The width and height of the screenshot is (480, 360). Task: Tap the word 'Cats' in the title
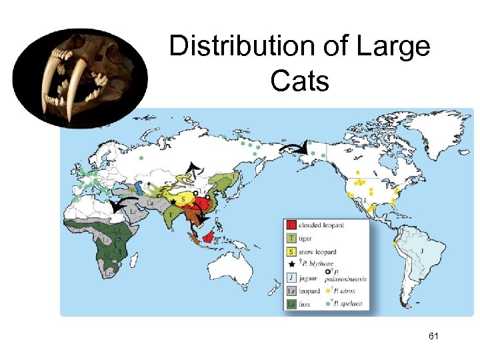[x=300, y=81]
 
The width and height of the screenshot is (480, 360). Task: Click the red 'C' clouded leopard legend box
[x=291, y=225]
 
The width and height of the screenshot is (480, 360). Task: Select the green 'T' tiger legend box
[x=291, y=239]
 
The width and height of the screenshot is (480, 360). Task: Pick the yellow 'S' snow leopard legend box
[x=291, y=252]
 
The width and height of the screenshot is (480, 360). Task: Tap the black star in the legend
[x=291, y=264]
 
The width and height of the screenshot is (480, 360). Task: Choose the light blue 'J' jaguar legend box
[x=291, y=278]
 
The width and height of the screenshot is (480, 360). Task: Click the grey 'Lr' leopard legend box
[x=291, y=291]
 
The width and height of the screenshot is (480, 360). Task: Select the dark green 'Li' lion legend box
[x=291, y=304]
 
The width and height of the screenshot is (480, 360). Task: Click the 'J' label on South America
[x=422, y=251]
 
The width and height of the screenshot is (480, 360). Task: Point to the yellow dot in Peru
[x=395, y=244]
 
